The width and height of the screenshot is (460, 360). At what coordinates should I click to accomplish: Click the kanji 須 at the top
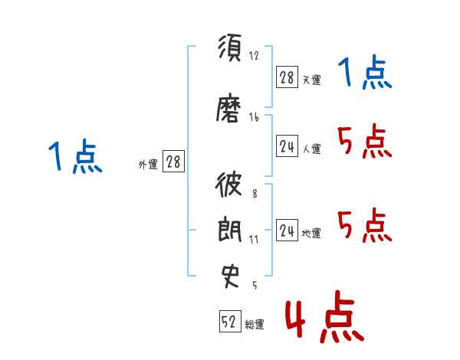click(x=230, y=47)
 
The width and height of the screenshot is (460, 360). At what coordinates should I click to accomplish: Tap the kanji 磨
click(x=228, y=108)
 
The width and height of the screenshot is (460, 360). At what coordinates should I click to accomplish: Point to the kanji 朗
click(x=230, y=229)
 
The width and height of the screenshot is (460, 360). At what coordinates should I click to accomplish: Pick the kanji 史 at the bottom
click(x=230, y=277)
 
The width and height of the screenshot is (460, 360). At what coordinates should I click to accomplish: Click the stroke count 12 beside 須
click(x=254, y=55)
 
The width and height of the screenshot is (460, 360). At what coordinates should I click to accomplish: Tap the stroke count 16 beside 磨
click(x=254, y=117)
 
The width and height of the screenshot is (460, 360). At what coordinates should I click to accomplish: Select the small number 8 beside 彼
click(x=255, y=194)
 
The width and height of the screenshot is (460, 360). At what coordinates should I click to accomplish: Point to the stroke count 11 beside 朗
click(x=254, y=240)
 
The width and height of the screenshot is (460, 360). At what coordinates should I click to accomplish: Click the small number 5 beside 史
click(x=255, y=285)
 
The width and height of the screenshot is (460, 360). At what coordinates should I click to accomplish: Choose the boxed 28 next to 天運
click(x=287, y=77)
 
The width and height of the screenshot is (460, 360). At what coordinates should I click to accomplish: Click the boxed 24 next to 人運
click(x=287, y=146)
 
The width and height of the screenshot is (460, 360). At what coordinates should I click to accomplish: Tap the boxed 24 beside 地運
click(x=287, y=230)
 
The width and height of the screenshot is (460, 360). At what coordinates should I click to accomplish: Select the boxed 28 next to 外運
click(x=173, y=162)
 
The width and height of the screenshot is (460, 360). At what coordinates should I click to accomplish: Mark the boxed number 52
click(x=230, y=321)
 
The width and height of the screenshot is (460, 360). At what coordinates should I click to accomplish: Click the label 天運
click(x=311, y=80)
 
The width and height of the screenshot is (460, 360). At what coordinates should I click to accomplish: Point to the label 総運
click(x=255, y=324)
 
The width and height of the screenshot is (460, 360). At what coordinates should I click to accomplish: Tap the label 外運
click(x=148, y=165)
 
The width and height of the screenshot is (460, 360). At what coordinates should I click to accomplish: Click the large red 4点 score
click(x=324, y=316)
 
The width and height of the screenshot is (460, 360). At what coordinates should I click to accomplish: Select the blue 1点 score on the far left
click(x=75, y=156)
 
